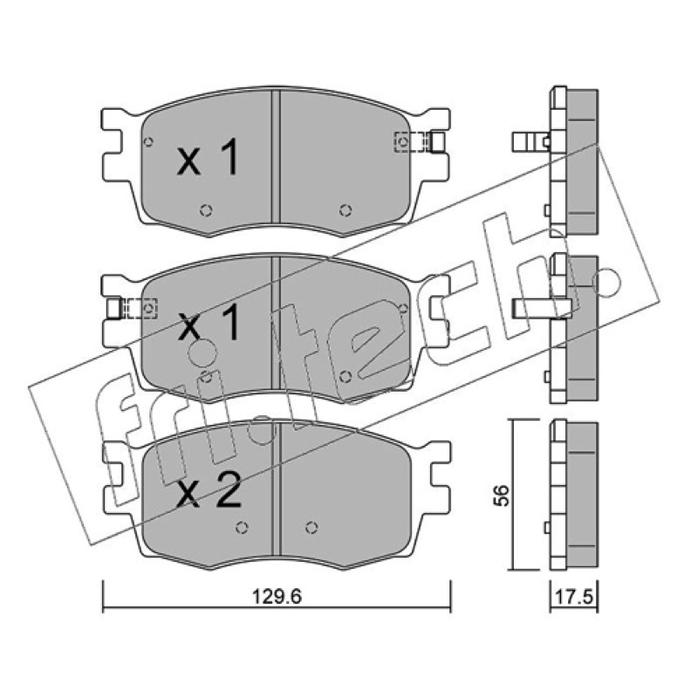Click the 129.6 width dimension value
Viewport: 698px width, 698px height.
277,596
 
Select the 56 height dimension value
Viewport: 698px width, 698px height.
501,495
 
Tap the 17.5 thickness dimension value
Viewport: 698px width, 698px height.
575,597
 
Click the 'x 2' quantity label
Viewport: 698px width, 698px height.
209,489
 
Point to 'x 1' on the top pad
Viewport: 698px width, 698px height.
208,156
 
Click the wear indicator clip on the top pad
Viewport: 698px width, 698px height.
420,142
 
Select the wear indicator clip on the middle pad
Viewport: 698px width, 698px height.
133,309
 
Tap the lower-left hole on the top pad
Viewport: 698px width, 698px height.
206,210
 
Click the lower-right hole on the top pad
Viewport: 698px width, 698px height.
346,210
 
